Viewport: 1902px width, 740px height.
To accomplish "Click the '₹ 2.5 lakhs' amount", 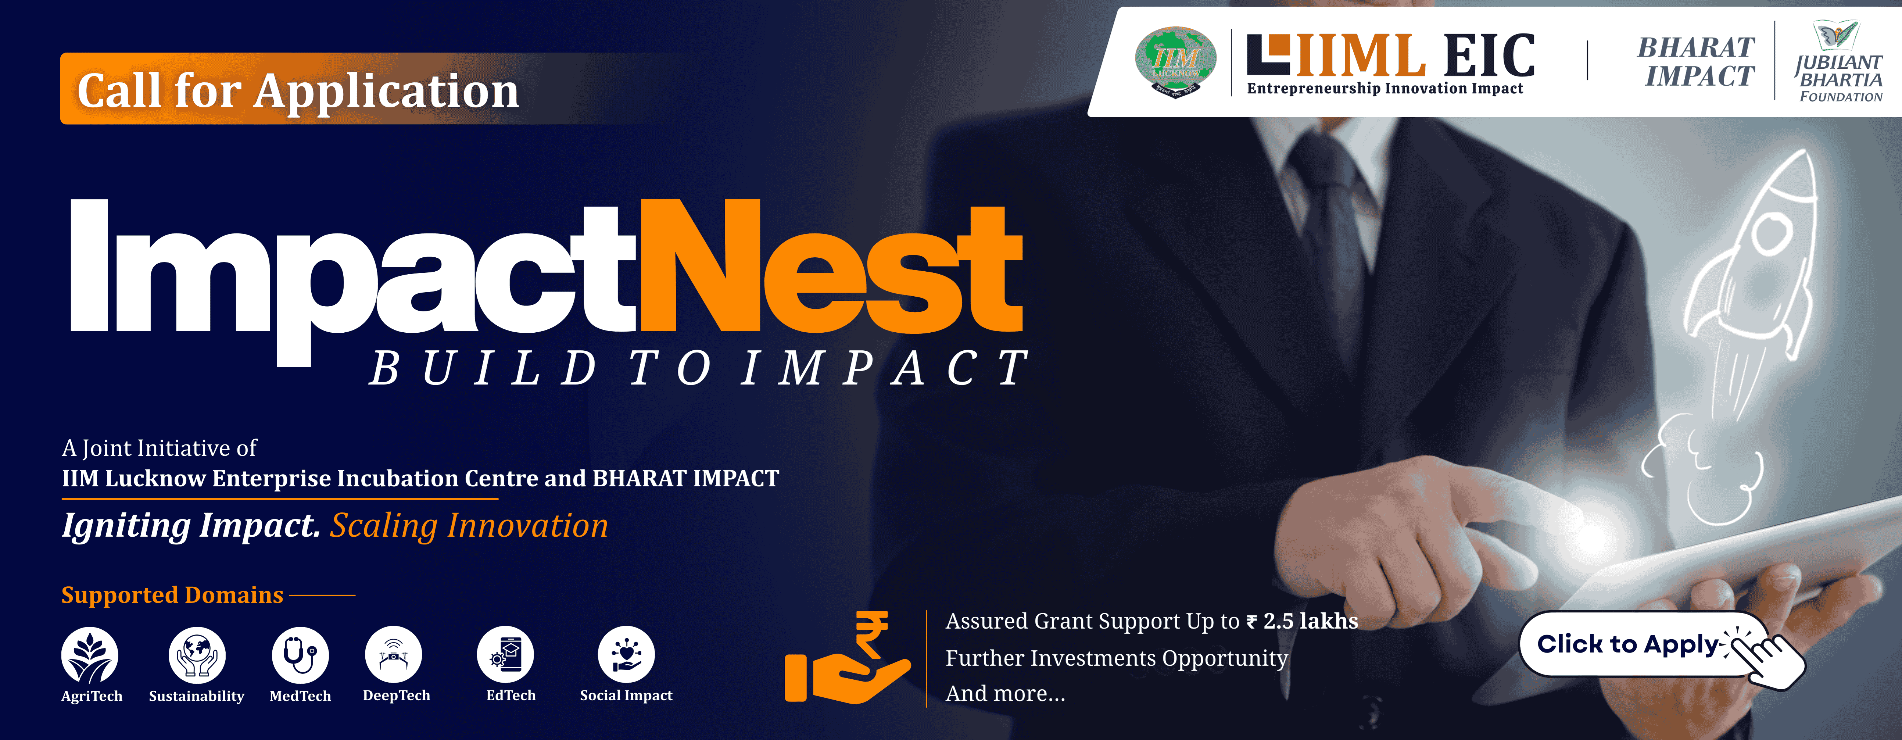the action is pyautogui.click(x=1303, y=621).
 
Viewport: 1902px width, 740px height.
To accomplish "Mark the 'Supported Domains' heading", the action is pyautogui.click(x=172, y=594).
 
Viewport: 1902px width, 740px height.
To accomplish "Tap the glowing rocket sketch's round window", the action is pyautogui.click(x=1770, y=235).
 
